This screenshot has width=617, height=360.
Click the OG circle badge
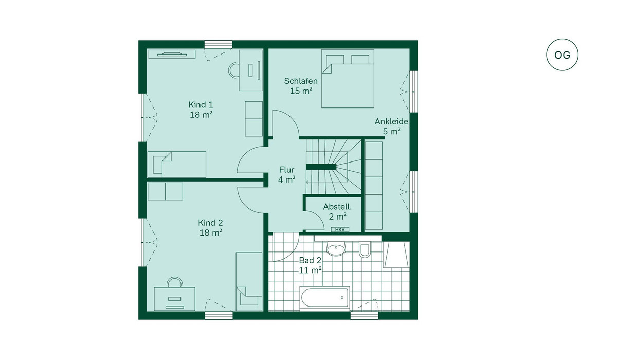[562, 55]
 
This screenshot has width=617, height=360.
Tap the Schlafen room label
[301, 81]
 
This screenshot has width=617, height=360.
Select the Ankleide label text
[391, 121]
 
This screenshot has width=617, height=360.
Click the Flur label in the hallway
[286, 169]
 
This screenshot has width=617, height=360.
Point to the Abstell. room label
[337, 207]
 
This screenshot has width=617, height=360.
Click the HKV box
[340, 229]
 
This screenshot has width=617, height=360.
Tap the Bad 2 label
[310, 260]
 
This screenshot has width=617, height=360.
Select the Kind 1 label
[201, 105]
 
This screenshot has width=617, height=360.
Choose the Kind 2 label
[210, 223]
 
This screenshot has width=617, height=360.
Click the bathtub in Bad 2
[325, 297]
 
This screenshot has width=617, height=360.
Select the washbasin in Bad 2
[336, 249]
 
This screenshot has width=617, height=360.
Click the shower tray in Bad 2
[396, 255]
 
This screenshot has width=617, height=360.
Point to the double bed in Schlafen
[348, 79]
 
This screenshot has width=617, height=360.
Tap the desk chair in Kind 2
[175, 282]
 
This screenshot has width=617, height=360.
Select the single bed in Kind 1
[176, 165]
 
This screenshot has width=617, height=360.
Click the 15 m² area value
[301, 91]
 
